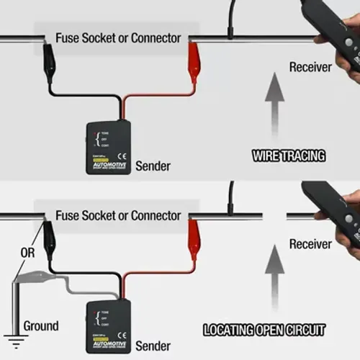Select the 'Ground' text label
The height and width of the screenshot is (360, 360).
point(41,325)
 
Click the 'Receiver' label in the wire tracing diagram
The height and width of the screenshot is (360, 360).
point(310,67)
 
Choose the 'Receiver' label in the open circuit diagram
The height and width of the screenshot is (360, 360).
point(310,244)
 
